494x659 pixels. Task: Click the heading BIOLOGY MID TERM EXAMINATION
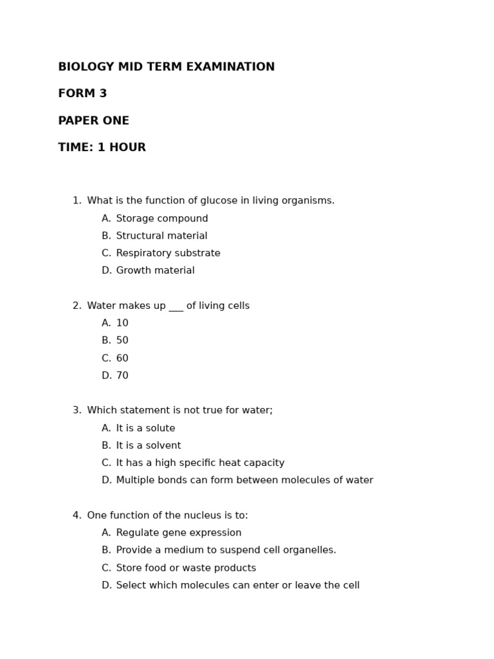(x=166, y=67)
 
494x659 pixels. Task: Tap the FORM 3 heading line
(x=82, y=94)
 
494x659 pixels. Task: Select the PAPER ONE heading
(x=93, y=121)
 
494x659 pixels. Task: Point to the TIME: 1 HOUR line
(x=102, y=148)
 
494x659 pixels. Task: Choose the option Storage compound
(x=162, y=219)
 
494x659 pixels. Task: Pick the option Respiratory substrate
(x=168, y=254)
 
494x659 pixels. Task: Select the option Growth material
(x=155, y=271)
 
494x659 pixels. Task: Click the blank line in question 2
(x=176, y=307)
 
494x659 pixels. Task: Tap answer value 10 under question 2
(x=122, y=324)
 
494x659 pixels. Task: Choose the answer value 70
(x=122, y=376)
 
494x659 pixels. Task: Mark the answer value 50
(x=122, y=341)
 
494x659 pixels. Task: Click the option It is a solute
(x=145, y=429)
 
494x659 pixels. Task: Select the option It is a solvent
(x=149, y=446)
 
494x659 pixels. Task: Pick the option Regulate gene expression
(x=179, y=534)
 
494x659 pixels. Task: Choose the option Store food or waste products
(x=186, y=568)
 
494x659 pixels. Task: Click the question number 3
(x=77, y=411)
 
